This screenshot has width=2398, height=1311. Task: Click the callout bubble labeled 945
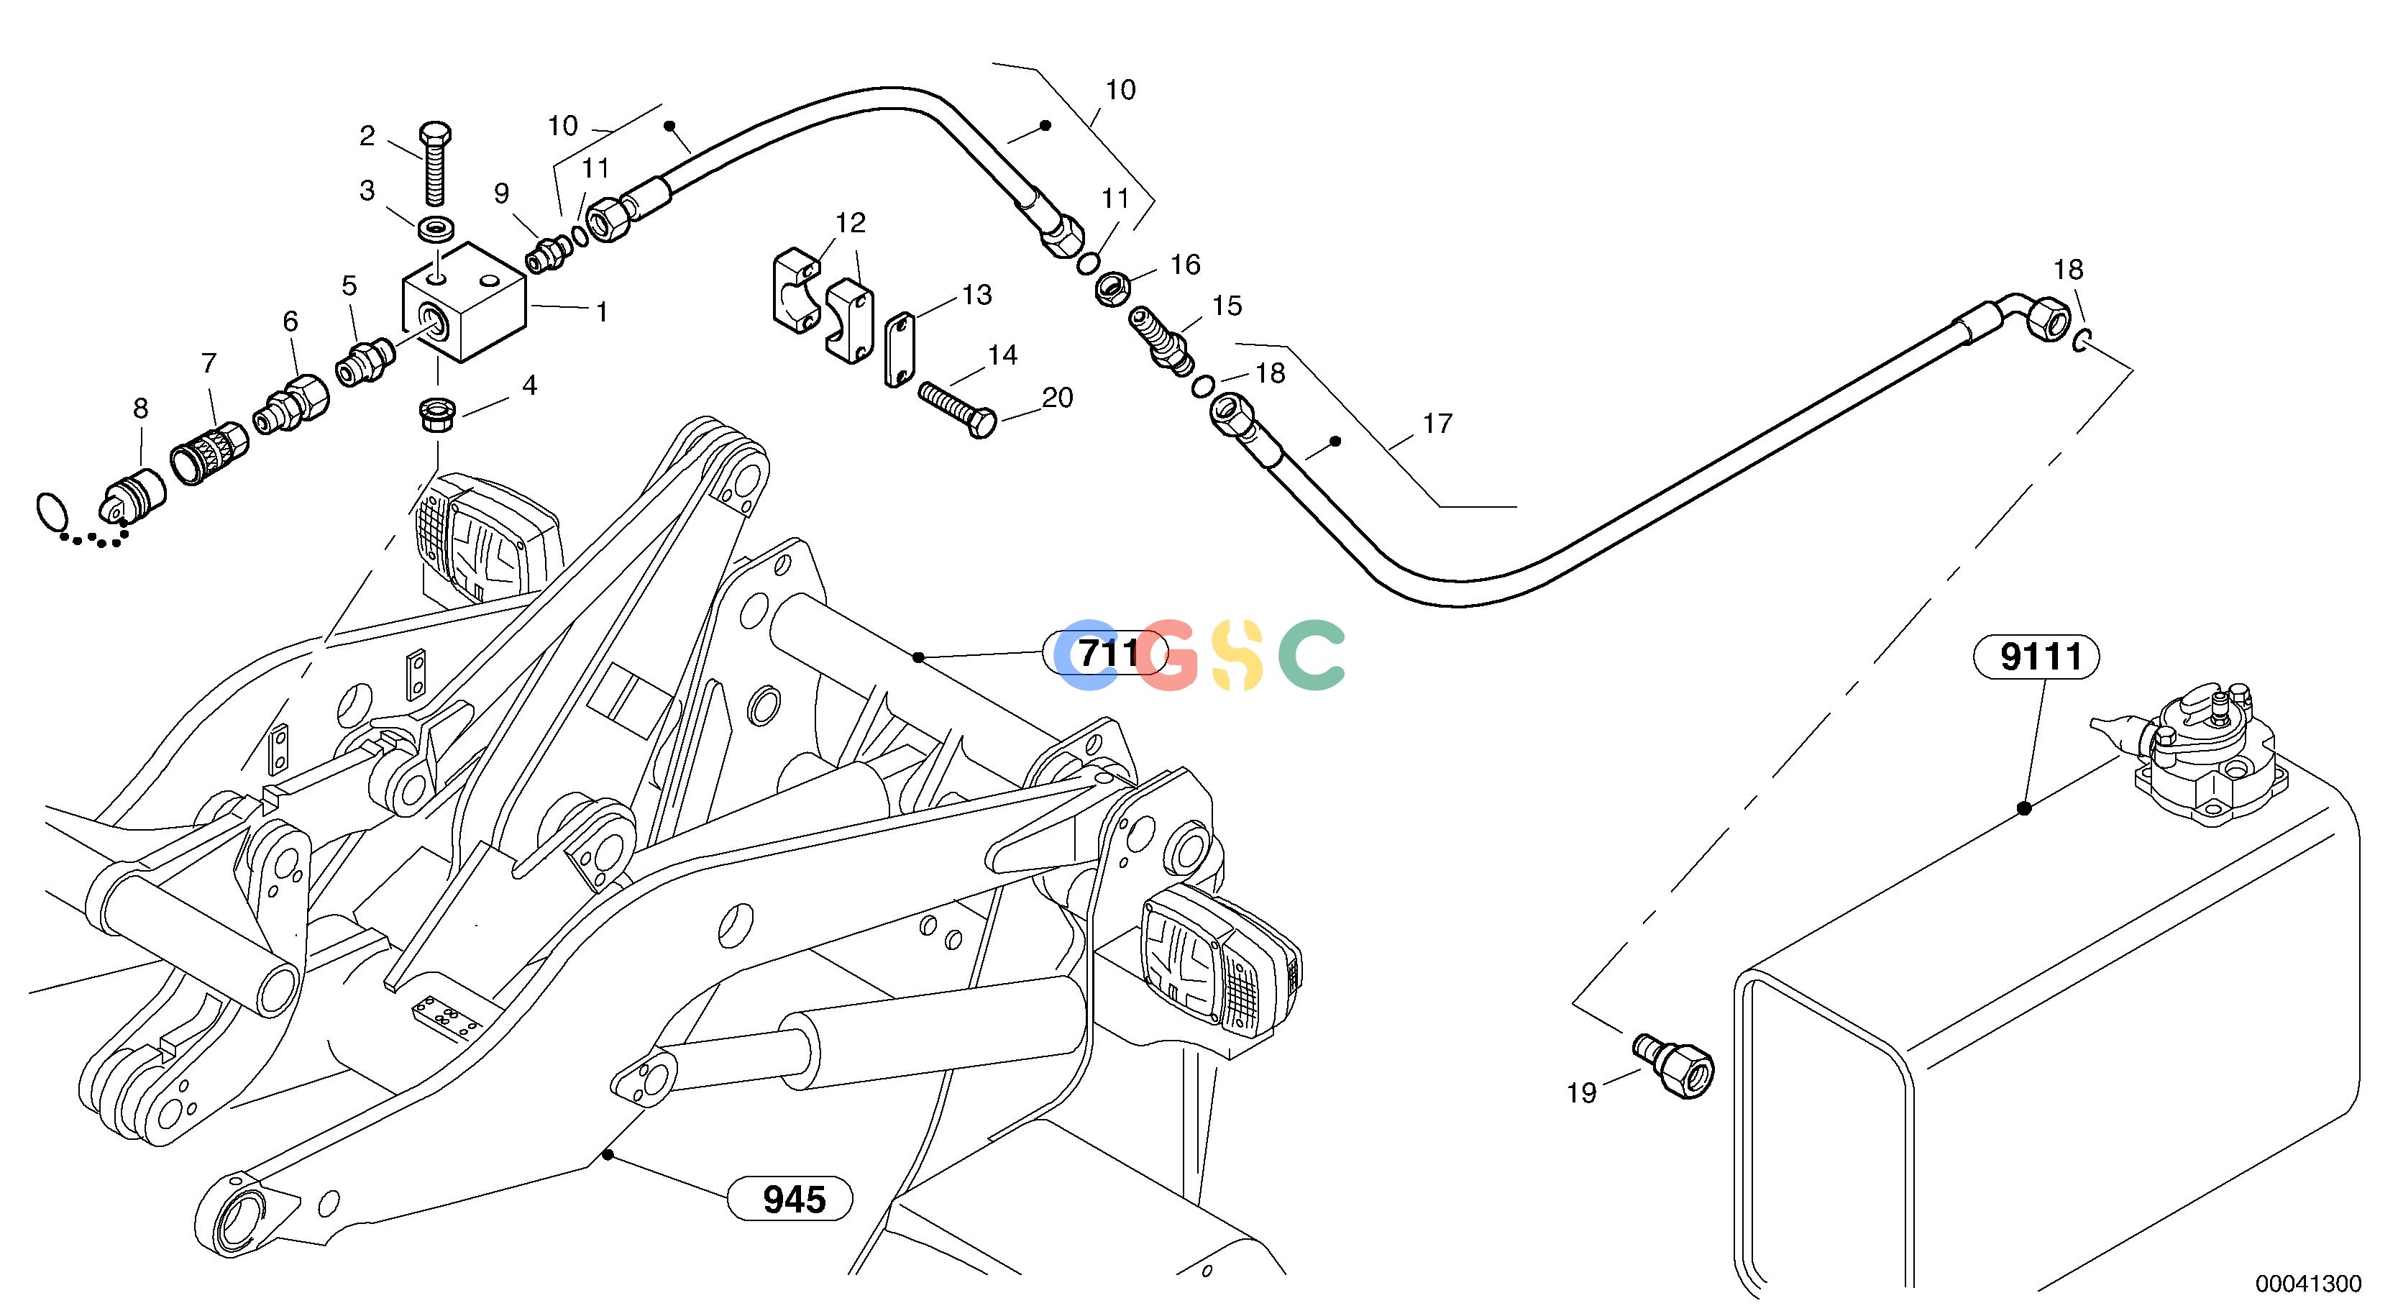click(790, 1200)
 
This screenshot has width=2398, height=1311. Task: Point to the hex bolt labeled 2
click(436, 163)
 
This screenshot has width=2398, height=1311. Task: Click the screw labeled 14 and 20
click(957, 410)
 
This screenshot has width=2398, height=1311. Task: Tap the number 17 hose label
click(1437, 424)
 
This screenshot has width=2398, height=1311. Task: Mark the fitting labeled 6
click(293, 404)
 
